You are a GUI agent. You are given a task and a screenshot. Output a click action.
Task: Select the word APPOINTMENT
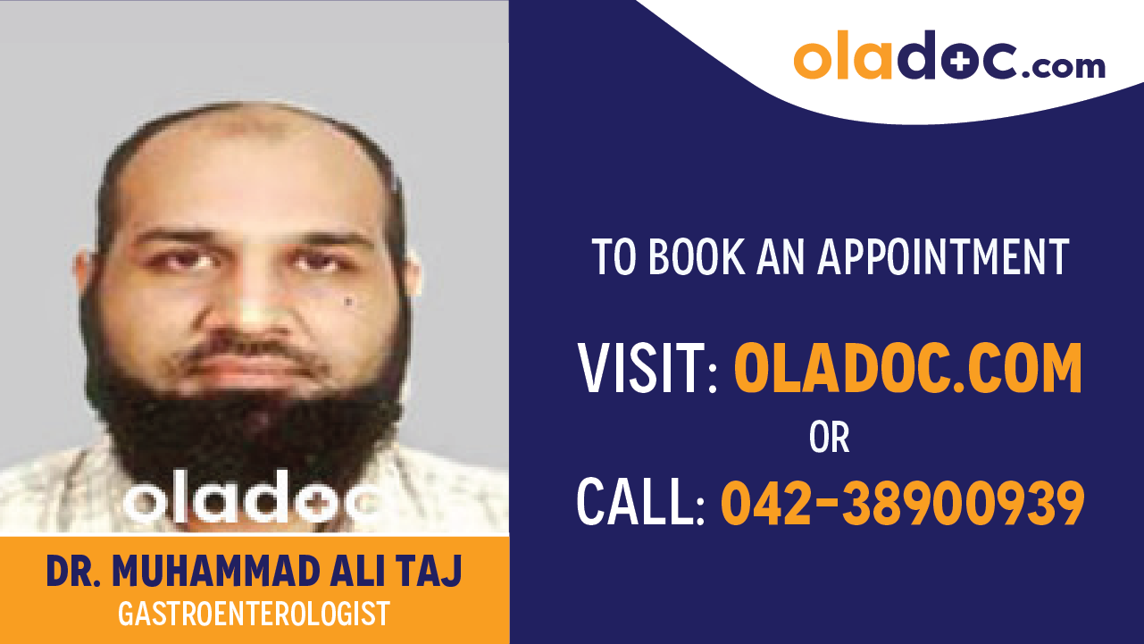coord(943,256)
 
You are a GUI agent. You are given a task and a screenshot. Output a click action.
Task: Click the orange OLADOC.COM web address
coord(908,369)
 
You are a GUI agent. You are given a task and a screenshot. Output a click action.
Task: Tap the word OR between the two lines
coord(829,438)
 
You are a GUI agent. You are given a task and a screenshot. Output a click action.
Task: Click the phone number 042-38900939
coord(903,502)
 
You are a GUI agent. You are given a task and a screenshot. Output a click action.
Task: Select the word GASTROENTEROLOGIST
coord(254,615)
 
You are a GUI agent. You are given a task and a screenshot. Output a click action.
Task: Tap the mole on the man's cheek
coord(348,304)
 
